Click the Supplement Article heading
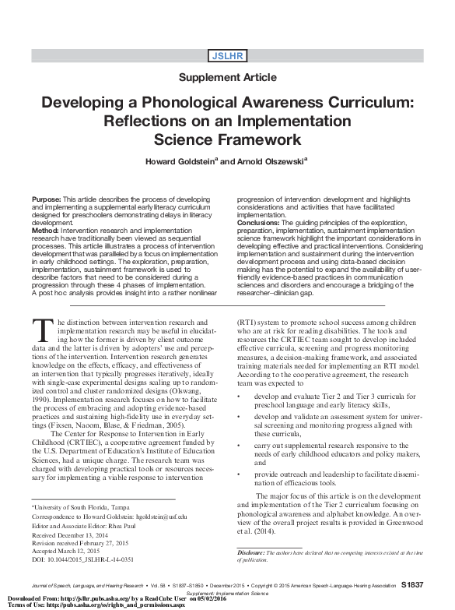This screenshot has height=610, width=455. click(x=227, y=77)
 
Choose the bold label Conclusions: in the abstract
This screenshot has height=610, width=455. click(x=263, y=223)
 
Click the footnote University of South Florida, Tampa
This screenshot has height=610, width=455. click(x=78, y=506)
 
